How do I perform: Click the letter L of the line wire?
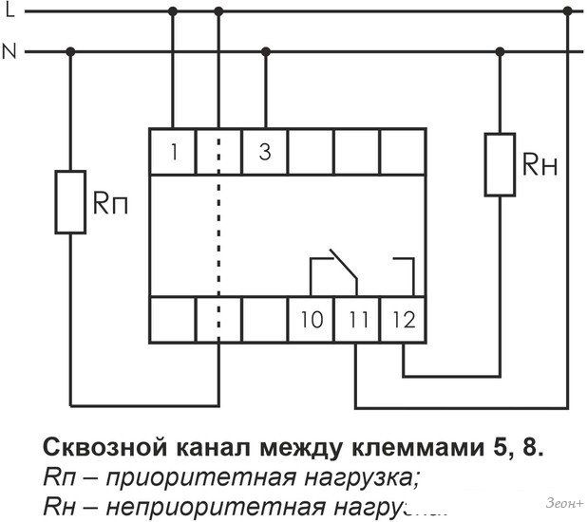pos(9,10)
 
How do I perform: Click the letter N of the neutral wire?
pos(10,51)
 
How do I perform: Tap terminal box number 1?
pos(173,150)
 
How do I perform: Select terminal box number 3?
pos(265,150)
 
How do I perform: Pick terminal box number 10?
pos(311,319)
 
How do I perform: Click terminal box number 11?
pos(357,319)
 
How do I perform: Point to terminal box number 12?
pos(403,319)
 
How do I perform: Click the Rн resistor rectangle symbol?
pos(500,164)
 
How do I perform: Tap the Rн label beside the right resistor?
pos(539,166)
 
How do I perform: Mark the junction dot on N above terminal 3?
pos(265,50)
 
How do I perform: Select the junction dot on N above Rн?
pos(500,50)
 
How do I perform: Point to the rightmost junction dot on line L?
pos(567,11)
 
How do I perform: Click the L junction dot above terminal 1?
pos(173,11)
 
